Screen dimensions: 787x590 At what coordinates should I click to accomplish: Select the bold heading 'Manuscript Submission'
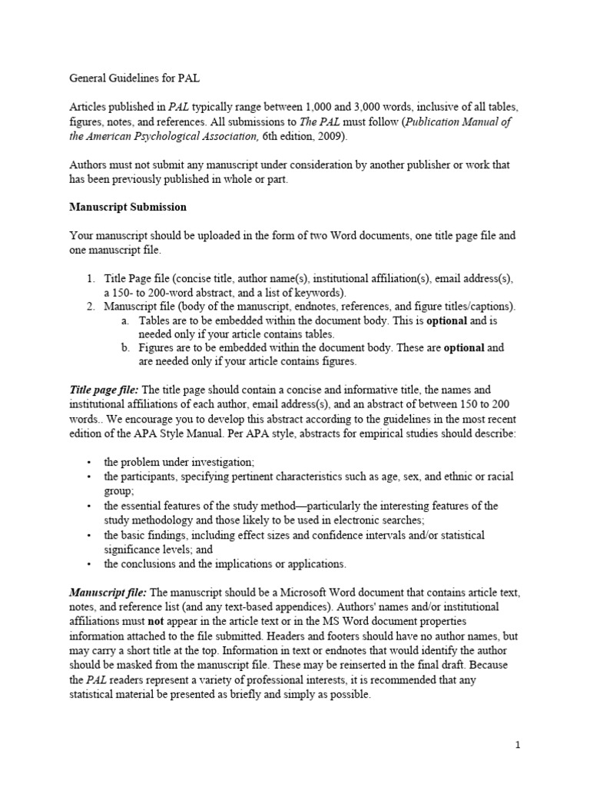(x=128, y=208)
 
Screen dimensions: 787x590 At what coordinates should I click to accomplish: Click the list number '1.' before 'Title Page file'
(x=89, y=278)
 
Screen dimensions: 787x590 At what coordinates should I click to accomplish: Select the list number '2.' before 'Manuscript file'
(x=89, y=307)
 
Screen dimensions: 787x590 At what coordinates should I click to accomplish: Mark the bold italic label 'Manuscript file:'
(x=108, y=593)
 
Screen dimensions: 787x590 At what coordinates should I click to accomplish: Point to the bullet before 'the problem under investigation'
(x=89, y=461)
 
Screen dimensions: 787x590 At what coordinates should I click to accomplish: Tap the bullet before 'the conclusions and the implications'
(x=89, y=564)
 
